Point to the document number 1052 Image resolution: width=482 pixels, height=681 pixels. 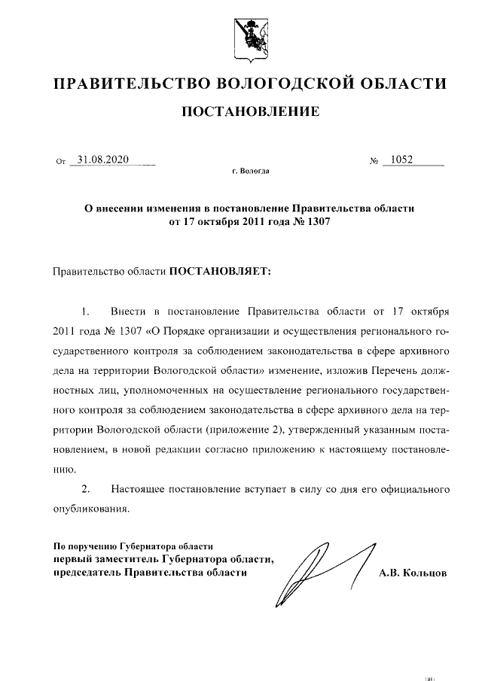click(x=402, y=160)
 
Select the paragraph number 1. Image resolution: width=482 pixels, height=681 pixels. click(x=85, y=312)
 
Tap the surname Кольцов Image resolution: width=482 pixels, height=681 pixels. click(x=423, y=574)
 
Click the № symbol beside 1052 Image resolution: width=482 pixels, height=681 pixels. click(x=374, y=162)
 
